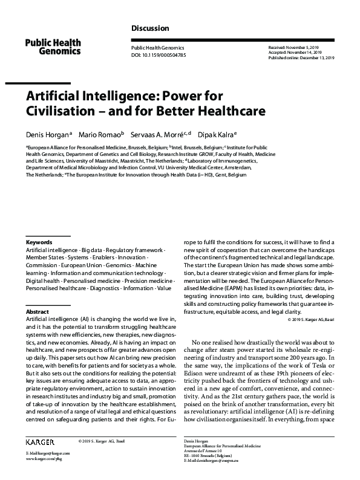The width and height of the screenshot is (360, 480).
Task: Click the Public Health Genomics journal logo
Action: tap(53, 46)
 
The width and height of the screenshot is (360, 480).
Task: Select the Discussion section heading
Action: tap(150, 28)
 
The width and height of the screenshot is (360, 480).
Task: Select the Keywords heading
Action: tap(39, 242)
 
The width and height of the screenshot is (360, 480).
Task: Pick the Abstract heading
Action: tap(38, 311)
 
